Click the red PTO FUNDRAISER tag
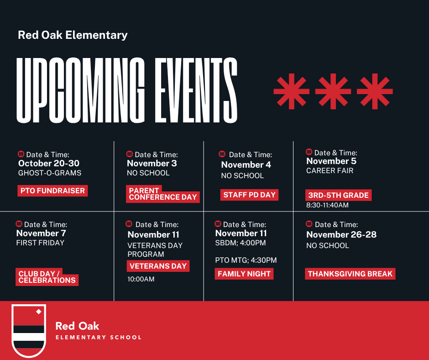pyautogui.click(x=52, y=191)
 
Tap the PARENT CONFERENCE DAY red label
pyautogui.click(x=163, y=194)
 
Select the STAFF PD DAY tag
pyautogui.click(x=249, y=195)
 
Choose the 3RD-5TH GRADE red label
pyautogui.click(x=338, y=195)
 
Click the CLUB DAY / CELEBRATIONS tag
pyautogui.click(x=47, y=277)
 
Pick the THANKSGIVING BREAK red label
pyautogui.click(x=350, y=274)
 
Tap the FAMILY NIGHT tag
pyautogui.click(x=244, y=274)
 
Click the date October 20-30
pyautogui.click(x=49, y=164)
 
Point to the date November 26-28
pyautogui.click(x=341, y=235)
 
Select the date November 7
pyautogui.click(x=41, y=233)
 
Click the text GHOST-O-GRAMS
pyautogui.click(x=50, y=173)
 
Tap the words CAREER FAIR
pyautogui.click(x=330, y=171)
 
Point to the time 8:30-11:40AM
pyautogui.click(x=327, y=206)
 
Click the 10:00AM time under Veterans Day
pyautogui.click(x=141, y=279)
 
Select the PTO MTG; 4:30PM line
pyautogui.click(x=246, y=260)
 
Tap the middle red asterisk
pyautogui.click(x=333, y=92)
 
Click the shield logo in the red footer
pyautogui.click(x=28, y=330)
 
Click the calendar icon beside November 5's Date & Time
pyautogui.click(x=309, y=152)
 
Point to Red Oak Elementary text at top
pyautogui.click(x=73, y=35)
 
